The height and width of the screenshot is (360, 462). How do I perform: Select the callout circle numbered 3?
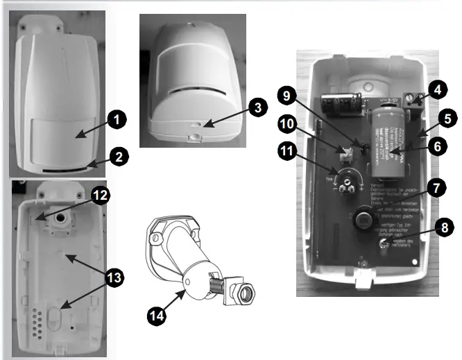point(256,108)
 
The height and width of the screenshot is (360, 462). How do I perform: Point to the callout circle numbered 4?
point(436,89)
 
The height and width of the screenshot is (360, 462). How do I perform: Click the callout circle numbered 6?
point(436,147)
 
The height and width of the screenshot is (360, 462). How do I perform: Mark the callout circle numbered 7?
point(436,188)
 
